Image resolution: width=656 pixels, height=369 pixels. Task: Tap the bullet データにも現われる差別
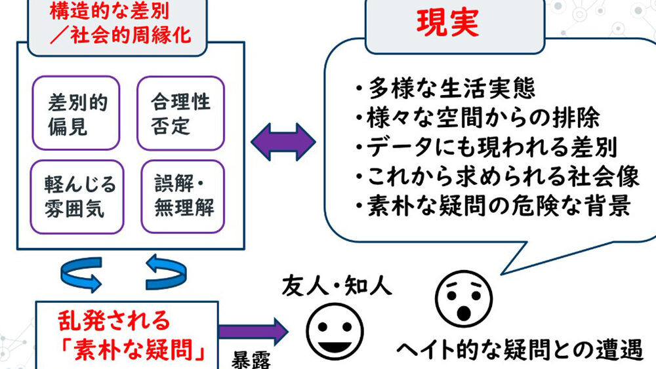(485, 147)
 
